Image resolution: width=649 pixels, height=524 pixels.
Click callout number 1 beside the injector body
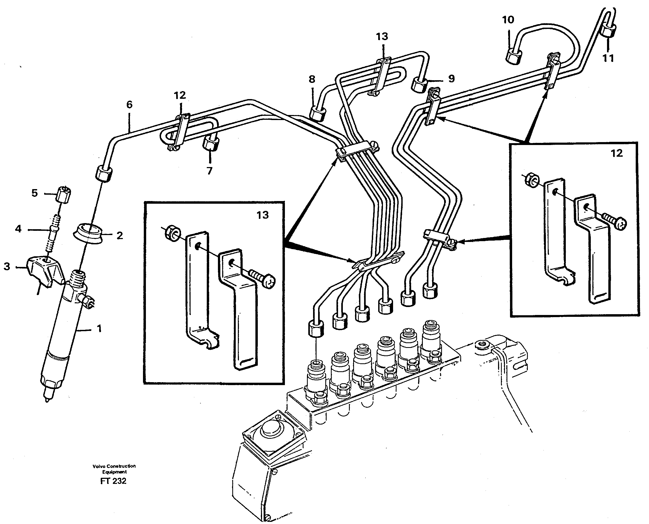click(99, 329)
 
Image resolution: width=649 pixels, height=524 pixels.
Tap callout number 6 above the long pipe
click(129, 105)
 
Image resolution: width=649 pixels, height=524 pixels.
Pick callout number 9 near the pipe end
click(451, 79)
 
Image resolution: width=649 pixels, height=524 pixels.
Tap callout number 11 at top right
click(608, 58)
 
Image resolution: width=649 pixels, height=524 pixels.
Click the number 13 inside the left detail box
click(262, 215)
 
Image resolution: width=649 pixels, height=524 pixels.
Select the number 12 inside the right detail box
click(616, 153)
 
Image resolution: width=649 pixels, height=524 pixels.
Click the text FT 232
click(113, 481)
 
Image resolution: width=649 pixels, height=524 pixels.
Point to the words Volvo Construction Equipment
click(114, 469)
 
